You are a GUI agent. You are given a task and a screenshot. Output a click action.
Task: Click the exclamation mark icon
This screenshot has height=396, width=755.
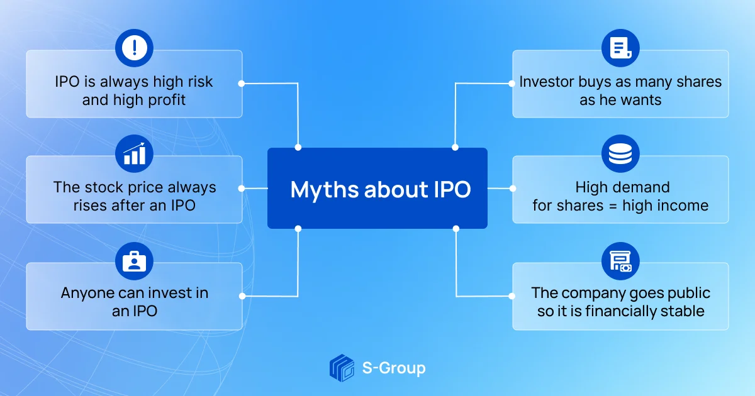pyautogui.click(x=134, y=48)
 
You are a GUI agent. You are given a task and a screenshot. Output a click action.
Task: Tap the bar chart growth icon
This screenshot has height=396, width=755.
pyautogui.click(x=134, y=153)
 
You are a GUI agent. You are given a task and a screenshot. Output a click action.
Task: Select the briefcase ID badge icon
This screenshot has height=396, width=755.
pyautogui.click(x=134, y=261)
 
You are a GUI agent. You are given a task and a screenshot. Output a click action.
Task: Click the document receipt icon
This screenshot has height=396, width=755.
pyautogui.click(x=620, y=48)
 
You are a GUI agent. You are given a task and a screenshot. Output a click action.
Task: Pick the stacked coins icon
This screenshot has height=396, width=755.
pyautogui.click(x=620, y=153)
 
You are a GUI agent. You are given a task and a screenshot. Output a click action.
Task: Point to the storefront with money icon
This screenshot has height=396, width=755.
pyautogui.click(x=620, y=261)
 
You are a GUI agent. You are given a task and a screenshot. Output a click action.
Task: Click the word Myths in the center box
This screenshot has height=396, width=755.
pyautogui.click(x=325, y=190)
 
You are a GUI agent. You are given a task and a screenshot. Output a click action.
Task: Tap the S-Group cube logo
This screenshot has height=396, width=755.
pyautogui.click(x=342, y=368)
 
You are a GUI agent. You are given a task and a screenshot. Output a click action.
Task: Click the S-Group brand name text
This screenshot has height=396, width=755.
pyautogui.click(x=394, y=368)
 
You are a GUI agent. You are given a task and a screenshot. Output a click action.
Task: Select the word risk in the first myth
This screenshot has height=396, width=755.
pyautogui.click(x=200, y=82)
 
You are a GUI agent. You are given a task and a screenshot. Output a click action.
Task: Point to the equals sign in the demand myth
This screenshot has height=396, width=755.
pyautogui.click(x=613, y=206)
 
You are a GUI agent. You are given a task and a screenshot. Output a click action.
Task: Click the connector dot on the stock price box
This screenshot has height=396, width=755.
pyautogui.click(x=242, y=188)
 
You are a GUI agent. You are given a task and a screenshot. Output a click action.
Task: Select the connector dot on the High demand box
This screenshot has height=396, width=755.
pyautogui.click(x=513, y=188)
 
